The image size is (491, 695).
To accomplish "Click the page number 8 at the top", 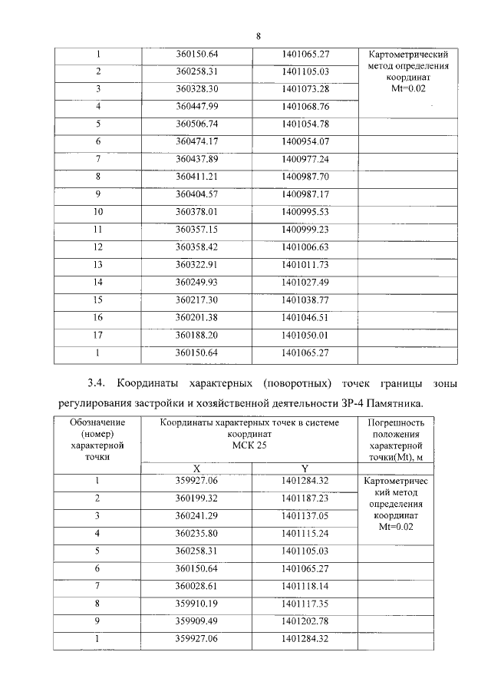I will tap(259, 36).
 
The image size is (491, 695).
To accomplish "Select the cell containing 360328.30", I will tap(197, 88).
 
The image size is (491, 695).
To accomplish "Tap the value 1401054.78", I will tap(305, 124).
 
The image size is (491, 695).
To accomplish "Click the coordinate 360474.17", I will tap(197, 141).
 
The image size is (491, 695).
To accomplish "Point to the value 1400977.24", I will tap(305, 159).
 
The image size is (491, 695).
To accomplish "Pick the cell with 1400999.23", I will tap(305, 229).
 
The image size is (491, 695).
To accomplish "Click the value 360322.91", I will tap(197, 264).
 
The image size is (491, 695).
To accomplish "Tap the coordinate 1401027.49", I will tap(305, 282).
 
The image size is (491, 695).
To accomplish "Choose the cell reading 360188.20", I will tap(197, 335).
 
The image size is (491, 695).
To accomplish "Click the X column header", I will tap(196, 468).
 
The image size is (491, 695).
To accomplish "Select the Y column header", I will tap(305, 468).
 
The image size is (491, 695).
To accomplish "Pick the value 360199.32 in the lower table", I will tap(197, 498).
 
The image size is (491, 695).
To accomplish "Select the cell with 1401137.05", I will tap(305, 516).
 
